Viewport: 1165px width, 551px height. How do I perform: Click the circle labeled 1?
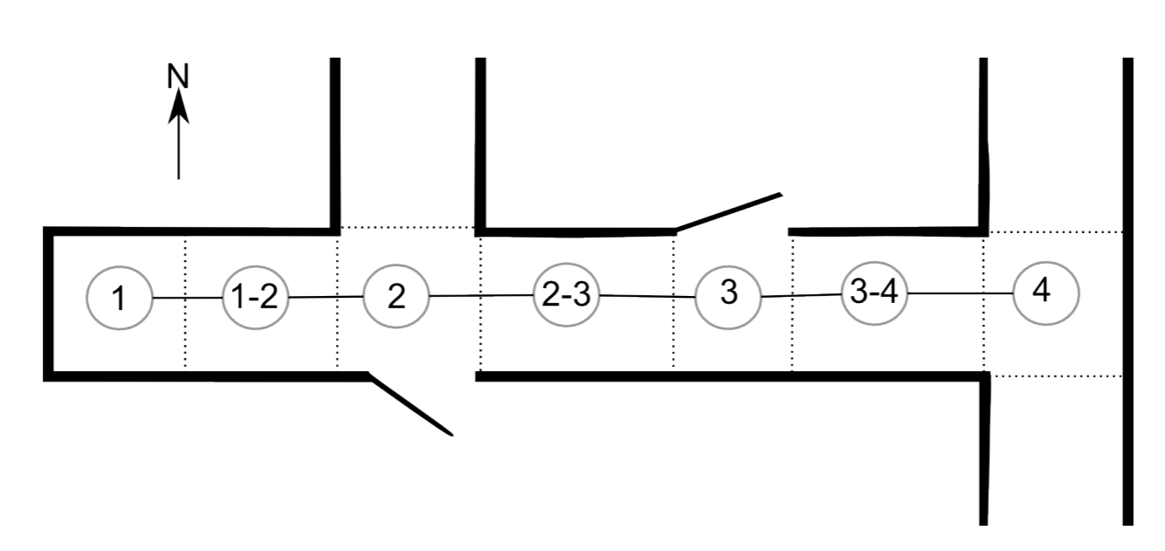click(x=120, y=299)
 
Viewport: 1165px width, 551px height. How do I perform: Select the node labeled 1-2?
click(x=256, y=298)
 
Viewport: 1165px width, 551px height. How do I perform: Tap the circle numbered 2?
click(x=396, y=296)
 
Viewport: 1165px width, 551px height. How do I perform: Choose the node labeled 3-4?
click(x=874, y=293)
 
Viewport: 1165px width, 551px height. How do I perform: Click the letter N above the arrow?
click(x=178, y=76)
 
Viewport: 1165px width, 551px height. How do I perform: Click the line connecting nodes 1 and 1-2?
click(x=188, y=299)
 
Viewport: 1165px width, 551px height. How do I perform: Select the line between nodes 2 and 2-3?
click(x=482, y=295)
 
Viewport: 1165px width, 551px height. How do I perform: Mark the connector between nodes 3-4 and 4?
click(x=960, y=293)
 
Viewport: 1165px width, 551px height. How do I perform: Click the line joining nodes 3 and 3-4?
click(x=801, y=296)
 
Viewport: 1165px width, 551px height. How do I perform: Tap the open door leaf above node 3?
click(x=729, y=212)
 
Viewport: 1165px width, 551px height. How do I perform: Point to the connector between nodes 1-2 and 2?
click(x=326, y=297)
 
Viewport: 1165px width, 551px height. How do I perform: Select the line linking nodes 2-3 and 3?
click(x=648, y=296)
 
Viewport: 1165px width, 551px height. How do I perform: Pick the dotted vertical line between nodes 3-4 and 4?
click(x=983, y=341)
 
